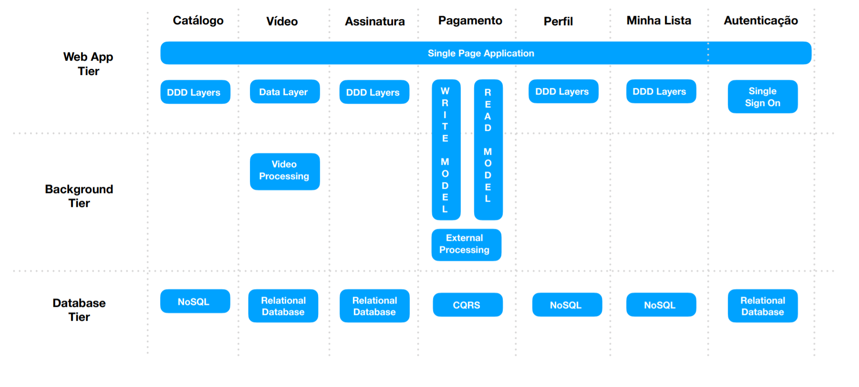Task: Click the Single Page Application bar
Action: [481, 53]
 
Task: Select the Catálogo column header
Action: [198, 21]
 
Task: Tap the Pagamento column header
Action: [470, 21]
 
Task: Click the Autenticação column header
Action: [760, 21]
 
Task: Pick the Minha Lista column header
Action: [658, 21]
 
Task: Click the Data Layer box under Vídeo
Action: [284, 92]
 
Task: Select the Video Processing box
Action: [284, 171]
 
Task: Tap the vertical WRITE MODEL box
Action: [445, 150]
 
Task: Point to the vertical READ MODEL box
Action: [488, 150]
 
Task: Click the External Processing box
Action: [466, 244]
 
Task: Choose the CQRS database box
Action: [467, 305]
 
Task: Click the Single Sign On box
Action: [762, 97]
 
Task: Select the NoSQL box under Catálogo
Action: [195, 301]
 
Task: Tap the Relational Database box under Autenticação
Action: [762, 306]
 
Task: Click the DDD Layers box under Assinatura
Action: [373, 92]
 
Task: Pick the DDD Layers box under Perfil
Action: [563, 91]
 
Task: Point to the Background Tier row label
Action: [79, 196]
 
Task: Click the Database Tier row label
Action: [79, 310]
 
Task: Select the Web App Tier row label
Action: [88, 64]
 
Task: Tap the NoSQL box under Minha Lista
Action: [660, 305]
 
